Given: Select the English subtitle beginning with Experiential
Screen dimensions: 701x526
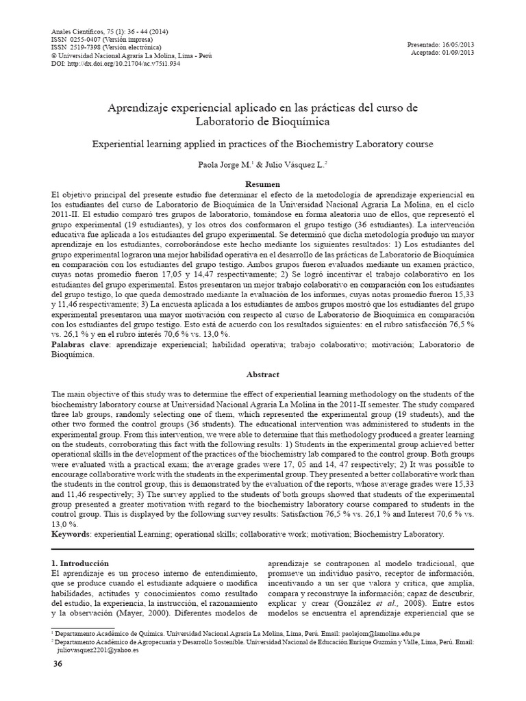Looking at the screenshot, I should tap(263, 144).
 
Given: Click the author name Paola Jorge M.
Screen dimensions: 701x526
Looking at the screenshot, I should tap(224, 165).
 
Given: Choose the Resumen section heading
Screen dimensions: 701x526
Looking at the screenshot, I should tap(263, 185).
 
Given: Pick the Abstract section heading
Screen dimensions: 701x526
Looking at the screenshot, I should tap(263, 374).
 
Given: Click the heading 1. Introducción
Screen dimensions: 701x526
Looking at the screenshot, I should tap(81, 563).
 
